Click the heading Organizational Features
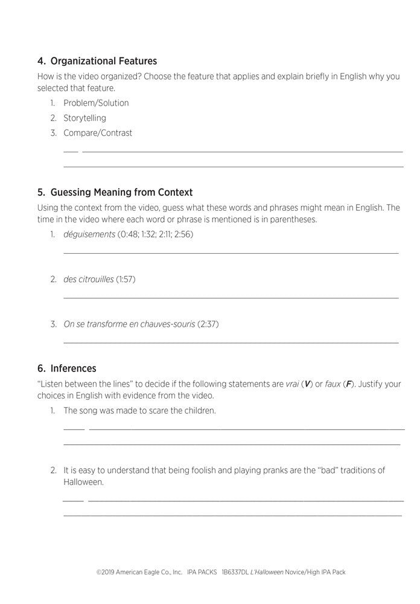tap(103, 61)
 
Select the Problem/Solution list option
tap(96, 103)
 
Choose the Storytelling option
tap(84, 118)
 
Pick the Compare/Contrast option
tap(98, 133)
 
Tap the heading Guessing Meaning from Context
tap(121, 192)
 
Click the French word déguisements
tap(89, 234)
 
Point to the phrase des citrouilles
tap(88, 279)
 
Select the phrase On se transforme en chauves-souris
tap(129, 324)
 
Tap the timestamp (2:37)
tap(208, 324)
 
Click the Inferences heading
tap(73, 368)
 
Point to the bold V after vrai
tap(308, 384)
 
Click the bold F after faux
tap(348, 384)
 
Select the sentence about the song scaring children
tap(139, 411)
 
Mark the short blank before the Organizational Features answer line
tap(71, 151)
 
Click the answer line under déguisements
tap(231, 252)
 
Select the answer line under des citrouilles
tap(231, 297)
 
